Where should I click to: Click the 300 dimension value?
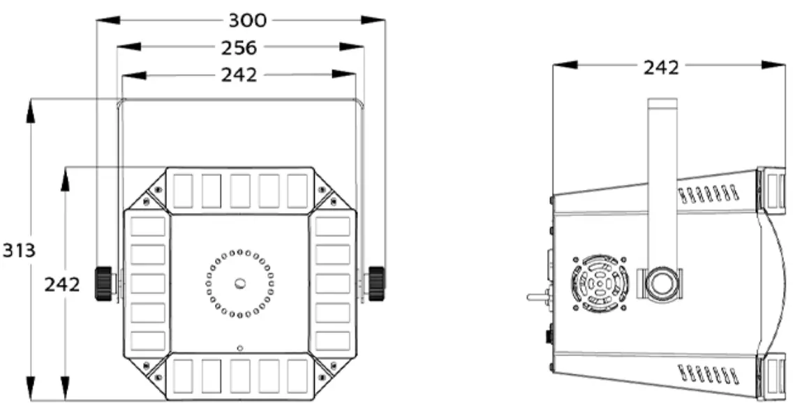pos(247,20)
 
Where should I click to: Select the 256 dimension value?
pos(239,47)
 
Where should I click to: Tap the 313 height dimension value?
pos(19,250)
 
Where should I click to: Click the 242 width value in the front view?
pos(239,74)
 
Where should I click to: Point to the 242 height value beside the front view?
pos(62,284)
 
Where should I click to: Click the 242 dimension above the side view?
pos(661,66)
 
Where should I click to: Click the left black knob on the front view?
pos(105,283)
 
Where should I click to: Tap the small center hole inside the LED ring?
pos(239,284)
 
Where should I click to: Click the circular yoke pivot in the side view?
pos(661,284)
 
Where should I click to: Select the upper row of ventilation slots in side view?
pos(708,194)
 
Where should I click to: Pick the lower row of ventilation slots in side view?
pos(708,374)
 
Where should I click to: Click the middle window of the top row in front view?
pos(240,191)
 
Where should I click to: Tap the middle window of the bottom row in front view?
pos(240,376)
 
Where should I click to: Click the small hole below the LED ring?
pos(239,347)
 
